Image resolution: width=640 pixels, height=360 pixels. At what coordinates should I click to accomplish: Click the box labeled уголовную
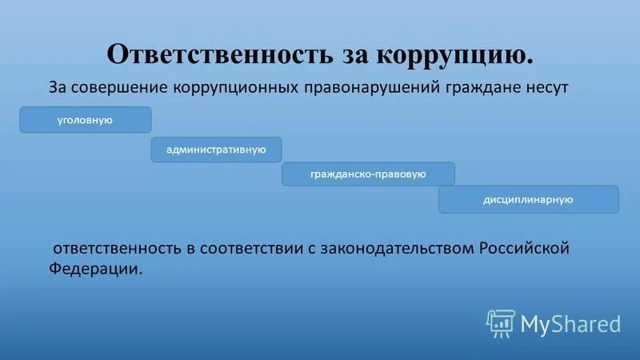tap(85, 120)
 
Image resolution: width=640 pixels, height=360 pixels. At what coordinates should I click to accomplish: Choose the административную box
tap(216, 150)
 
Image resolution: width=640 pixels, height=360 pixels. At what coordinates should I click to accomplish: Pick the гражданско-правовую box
tap(368, 174)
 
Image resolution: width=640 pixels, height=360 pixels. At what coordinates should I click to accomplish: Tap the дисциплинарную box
tap(528, 199)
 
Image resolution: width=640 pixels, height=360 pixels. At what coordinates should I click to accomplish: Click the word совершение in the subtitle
tap(122, 86)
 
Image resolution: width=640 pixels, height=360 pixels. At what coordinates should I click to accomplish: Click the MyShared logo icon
tap(501, 323)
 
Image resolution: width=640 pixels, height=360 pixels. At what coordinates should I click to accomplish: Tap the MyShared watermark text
tap(570, 323)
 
